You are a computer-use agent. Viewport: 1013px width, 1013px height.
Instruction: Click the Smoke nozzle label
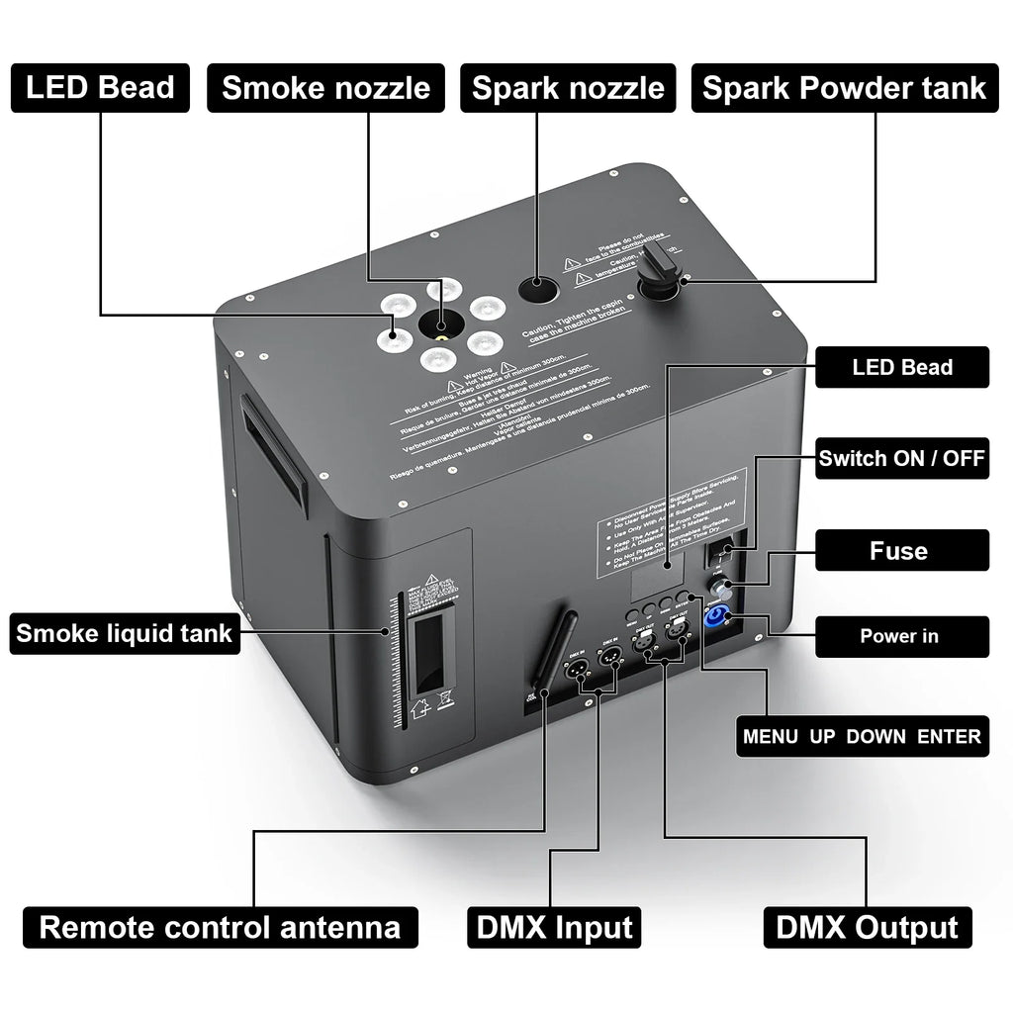point(325,87)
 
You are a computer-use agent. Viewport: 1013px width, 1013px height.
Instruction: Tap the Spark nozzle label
point(568,87)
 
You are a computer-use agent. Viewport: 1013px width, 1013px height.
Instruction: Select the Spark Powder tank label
point(844,87)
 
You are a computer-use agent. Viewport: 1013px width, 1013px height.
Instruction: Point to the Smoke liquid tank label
point(125,632)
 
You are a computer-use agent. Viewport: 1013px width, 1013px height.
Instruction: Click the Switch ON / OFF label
point(901,459)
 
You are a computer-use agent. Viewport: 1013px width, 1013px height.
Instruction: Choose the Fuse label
point(898,550)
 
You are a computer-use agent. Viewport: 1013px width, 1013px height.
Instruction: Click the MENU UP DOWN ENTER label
point(862,736)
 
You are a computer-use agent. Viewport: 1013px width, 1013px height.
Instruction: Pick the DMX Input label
point(554,927)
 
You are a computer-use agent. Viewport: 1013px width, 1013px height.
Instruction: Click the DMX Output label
point(867,927)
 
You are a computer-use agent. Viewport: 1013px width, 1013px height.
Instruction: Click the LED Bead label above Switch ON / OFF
point(901,367)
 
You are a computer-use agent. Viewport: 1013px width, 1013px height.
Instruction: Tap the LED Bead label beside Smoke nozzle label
point(100,87)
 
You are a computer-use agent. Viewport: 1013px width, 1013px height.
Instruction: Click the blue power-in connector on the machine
point(715,618)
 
